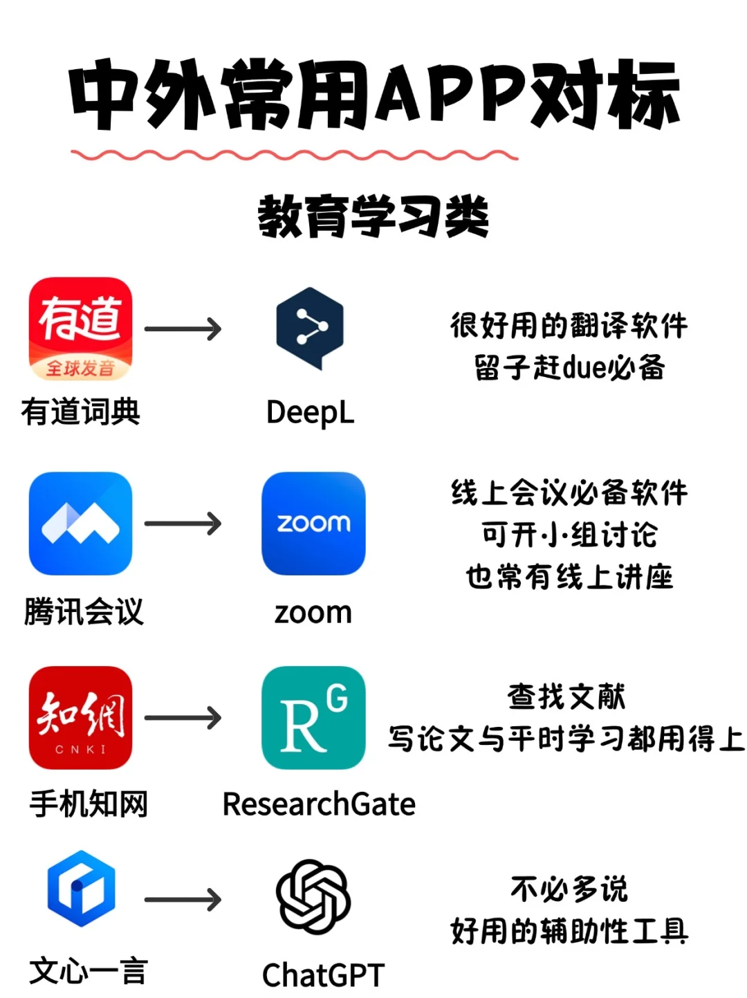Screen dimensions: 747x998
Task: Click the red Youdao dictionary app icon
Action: click(x=80, y=329)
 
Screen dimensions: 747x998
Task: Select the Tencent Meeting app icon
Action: click(x=80, y=524)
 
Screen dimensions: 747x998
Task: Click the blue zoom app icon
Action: click(x=313, y=524)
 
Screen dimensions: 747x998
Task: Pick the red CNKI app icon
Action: click(x=80, y=718)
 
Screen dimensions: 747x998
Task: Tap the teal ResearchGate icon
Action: click(x=313, y=718)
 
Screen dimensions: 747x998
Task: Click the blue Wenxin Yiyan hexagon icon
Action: click(x=81, y=889)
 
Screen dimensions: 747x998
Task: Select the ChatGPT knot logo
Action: click(x=313, y=897)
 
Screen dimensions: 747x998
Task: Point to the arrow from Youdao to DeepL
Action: click(x=183, y=329)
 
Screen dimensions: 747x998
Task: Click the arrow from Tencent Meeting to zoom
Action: click(x=183, y=524)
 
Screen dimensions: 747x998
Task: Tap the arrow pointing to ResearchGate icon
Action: click(x=183, y=718)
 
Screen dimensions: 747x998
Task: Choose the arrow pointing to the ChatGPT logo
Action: click(x=183, y=900)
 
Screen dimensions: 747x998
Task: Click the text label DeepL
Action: click(x=310, y=413)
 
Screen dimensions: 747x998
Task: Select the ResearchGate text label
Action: click(x=319, y=804)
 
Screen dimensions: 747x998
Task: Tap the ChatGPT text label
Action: click(x=323, y=975)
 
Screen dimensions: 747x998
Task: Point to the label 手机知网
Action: click(x=89, y=804)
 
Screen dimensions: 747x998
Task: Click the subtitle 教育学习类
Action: click(x=373, y=216)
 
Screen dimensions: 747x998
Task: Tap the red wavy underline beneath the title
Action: click(x=294, y=155)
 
